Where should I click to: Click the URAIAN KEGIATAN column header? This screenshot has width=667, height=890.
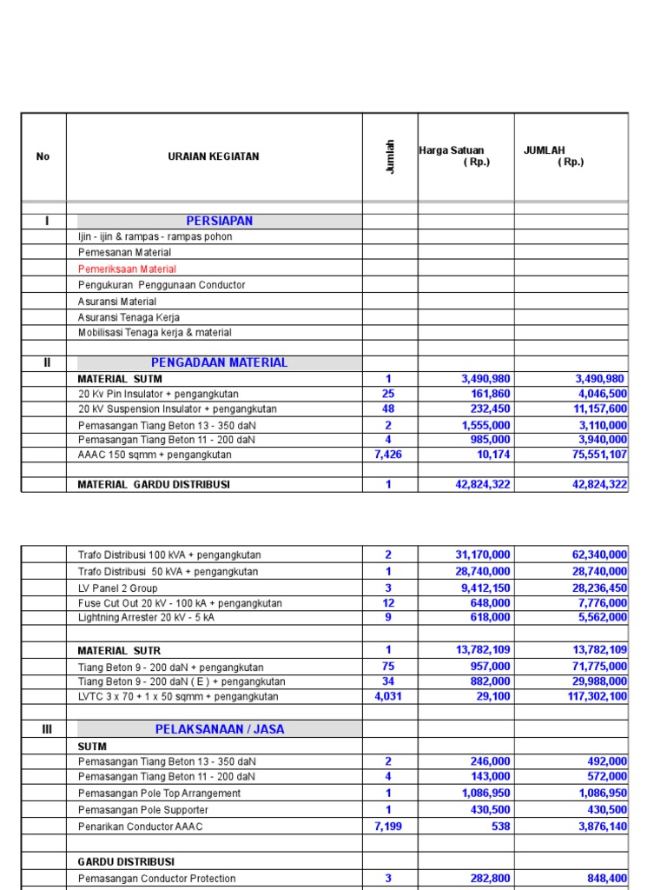(x=213, y=157)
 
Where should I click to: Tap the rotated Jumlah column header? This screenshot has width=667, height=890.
(x=390, y=156)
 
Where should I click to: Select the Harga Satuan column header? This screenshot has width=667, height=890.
(x=452, y=151)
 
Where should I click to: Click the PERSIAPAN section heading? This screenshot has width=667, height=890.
(x=220, y=221)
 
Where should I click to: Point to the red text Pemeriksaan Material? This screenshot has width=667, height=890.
(x=127, y=269)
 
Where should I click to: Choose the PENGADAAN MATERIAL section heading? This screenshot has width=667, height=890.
(x=220, y=362)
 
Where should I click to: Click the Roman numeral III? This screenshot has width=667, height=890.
(x=47, y=729)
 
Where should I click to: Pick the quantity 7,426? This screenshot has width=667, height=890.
(x=388, y=455)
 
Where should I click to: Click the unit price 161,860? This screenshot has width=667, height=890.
(x=487, y=394)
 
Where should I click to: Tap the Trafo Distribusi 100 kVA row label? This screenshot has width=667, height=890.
(x=169, y=555)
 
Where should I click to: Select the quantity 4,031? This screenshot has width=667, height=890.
(x=388, y=697)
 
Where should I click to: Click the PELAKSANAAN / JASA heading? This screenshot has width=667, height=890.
(x=220, y=729)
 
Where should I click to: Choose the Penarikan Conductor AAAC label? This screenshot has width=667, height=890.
(x=140, y=827)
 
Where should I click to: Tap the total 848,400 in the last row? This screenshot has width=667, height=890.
(x=607, y=879)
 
